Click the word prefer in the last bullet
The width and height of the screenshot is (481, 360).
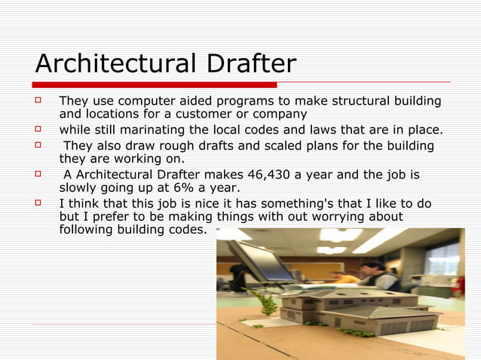pos(105,217)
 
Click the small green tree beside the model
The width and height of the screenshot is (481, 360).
pos(265,303)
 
